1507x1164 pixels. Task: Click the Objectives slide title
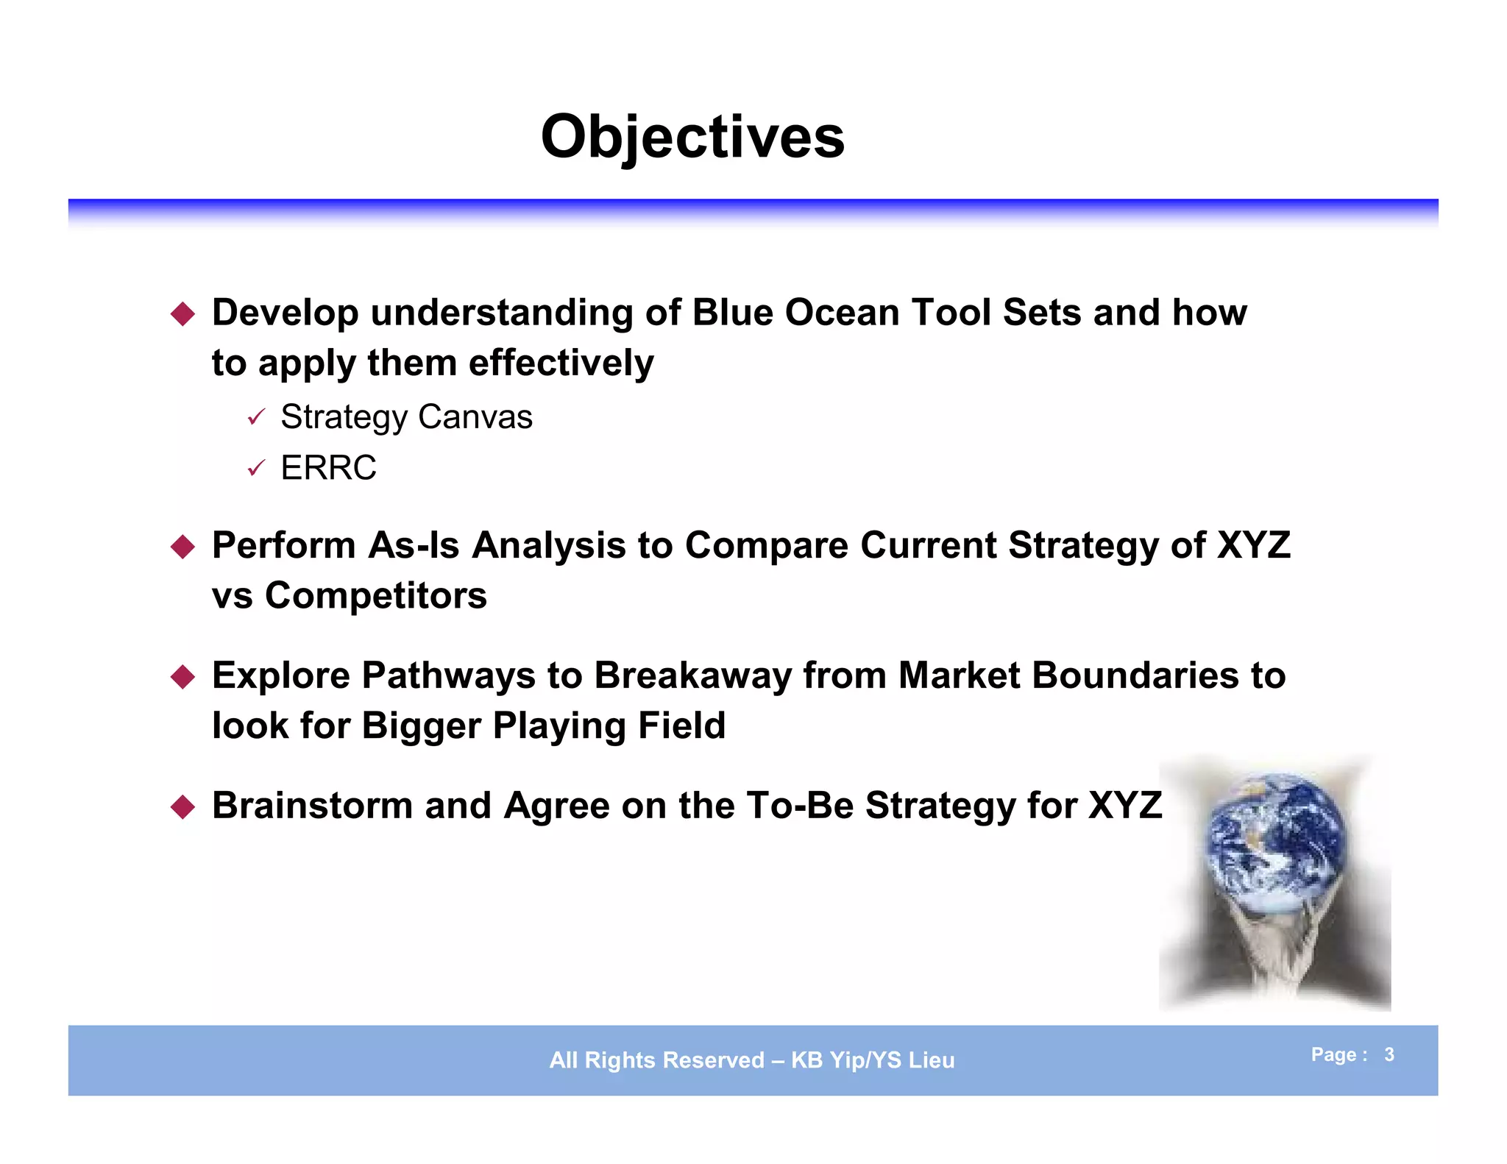pos(692,138)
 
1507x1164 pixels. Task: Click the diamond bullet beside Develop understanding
pos(182,314)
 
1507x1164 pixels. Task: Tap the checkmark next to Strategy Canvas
pos(255,418)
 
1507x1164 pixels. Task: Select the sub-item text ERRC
pos(328,468)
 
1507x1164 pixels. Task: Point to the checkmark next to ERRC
pos(255,469)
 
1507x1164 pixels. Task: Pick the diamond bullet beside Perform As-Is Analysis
pos(182,547)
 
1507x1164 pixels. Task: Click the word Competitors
pos(375,595)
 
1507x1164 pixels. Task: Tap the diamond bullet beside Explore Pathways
pos(182,677)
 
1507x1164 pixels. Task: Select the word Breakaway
pos(692,675)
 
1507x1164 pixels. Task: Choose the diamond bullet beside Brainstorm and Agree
pos(182,807)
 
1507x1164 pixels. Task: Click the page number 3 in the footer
pos(1389,1054)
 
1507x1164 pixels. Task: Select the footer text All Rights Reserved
pos(656,1060)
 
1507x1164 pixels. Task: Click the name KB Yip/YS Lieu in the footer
pos(873,1060)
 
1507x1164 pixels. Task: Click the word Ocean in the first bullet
pos(842,313)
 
